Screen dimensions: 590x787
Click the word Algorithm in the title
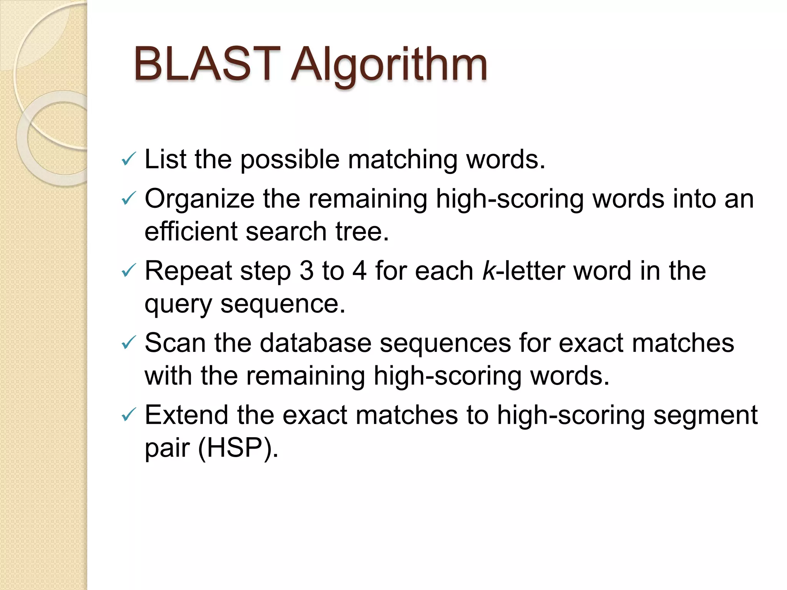(389, 65)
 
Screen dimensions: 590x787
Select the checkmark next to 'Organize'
(128, 199)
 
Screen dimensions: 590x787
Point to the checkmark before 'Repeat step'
(128, 271)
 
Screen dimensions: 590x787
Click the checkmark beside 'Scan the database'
(128, 343)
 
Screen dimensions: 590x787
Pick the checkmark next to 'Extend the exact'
(128, 415)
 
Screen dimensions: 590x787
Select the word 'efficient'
(191, 231)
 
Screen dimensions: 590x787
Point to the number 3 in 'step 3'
(306, 271)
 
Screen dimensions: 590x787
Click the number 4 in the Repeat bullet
(359, 271)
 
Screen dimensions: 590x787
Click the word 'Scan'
(175, 343)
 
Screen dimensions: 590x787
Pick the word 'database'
(315, 343)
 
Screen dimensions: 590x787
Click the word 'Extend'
(186, 415)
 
